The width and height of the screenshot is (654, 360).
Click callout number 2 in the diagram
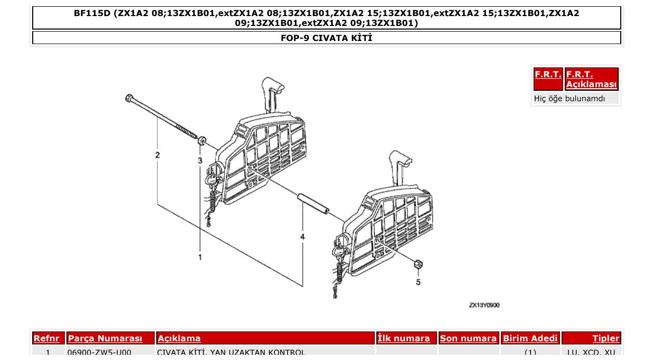point(157,155)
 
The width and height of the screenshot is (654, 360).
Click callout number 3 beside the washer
point(200,161)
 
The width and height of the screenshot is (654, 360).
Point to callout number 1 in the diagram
point(200,256)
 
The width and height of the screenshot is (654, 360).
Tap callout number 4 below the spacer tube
point(303,237)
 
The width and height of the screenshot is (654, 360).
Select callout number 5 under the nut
point(418,282)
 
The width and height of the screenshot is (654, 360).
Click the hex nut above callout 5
point(418,265)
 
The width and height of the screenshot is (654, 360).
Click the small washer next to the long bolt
point(202,140)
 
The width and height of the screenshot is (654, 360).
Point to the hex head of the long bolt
point(128,98)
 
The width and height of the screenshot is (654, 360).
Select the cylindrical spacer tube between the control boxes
point(313,203)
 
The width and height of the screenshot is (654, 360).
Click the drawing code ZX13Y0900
point(484,306)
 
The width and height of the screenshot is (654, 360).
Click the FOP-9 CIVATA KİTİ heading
point(326,38)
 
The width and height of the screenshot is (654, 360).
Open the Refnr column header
point(47,339)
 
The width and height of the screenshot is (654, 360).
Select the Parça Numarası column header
point(105,339)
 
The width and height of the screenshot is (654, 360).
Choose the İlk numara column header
point(404,339)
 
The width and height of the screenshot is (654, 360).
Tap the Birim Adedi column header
point(530,339)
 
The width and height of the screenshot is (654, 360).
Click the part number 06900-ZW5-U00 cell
point(99,353)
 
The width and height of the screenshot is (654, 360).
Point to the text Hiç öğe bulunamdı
point(569,98)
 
